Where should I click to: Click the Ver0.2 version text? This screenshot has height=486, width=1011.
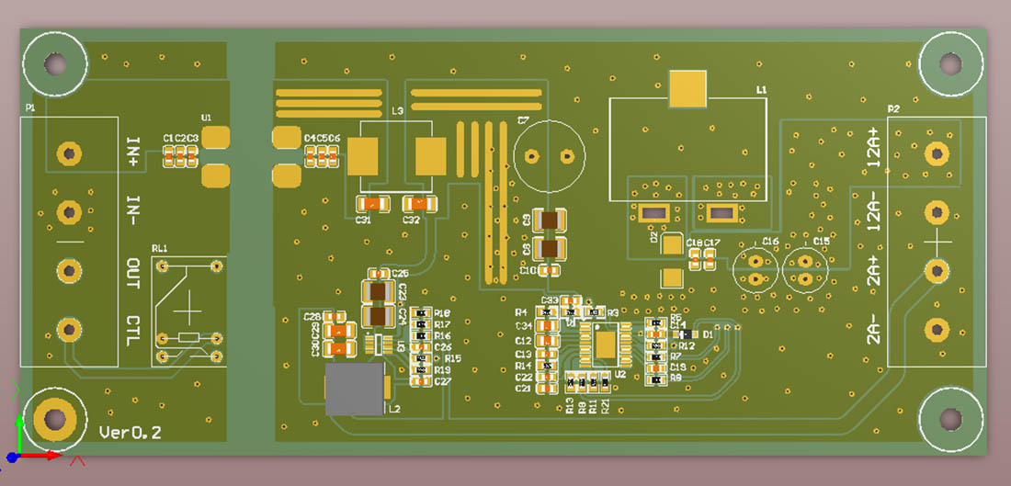130,433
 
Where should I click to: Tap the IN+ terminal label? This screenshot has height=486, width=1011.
133,152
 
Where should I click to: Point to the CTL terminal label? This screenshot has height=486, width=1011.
133,330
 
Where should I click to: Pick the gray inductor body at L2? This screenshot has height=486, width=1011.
355,388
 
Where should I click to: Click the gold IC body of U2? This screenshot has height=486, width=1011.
605,343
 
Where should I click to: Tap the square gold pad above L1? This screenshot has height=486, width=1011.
688,89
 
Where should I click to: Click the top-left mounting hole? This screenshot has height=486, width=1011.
55,63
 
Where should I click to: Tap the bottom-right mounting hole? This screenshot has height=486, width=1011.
949,420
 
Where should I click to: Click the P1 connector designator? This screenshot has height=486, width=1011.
30,108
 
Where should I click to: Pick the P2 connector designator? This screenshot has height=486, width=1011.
892,109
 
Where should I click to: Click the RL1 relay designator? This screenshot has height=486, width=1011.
160,249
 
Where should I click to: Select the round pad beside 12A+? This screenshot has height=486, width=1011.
937,153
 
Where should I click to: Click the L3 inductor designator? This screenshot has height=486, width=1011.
397,111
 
